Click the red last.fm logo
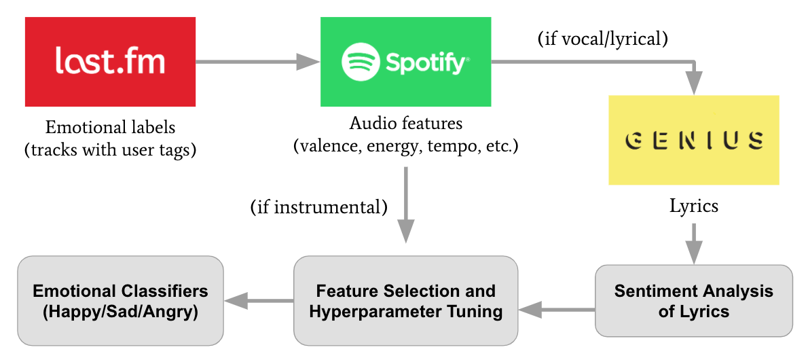pos(110,62)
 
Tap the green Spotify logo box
pos(405,62)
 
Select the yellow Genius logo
pos(694,140)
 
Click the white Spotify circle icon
pos(361,61)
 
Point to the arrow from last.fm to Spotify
pos(257,62)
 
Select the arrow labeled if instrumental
pos(406,204)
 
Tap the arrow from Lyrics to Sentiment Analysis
pos(694,243)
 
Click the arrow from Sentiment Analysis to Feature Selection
pos(557,310)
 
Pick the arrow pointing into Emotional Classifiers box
pos(259,301)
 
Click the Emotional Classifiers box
pos(121,301)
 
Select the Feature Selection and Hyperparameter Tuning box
pos(405,301)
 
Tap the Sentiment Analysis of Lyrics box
pos(694,301)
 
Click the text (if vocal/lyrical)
pos(602,39)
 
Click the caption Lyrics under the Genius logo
pos(694,206)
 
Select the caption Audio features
pos(406,124)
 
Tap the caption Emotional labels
pos(110,128)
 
